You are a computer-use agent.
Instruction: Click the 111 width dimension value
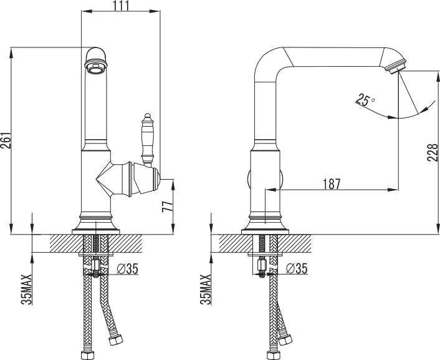tap(122, 6)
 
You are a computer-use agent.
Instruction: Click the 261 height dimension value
tap(6, 140)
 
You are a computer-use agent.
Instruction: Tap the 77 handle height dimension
tap(168, 207)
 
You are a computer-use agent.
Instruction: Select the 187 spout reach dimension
tap(332, 184)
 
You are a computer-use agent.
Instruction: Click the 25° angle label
tap(365, 100)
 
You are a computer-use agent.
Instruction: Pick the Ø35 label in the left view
tap(128, 269)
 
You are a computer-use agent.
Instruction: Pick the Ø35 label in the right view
tap(297, 268)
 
